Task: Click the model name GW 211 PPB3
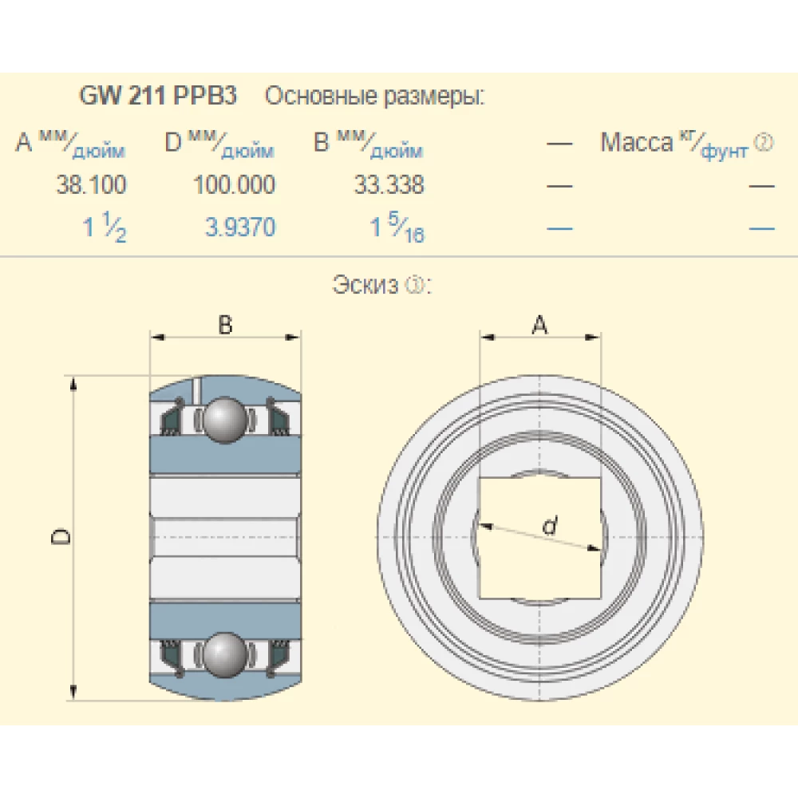(x=158, y=97)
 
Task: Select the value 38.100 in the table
(x=91, y=185)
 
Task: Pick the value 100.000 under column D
(x=234, y=185)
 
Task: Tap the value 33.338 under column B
(x=389, y=185)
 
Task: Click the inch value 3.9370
(x=240, y=227)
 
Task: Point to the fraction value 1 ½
(x=105, y=229)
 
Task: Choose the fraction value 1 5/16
(x=397, y=229)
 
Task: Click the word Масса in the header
(x=636, y=143)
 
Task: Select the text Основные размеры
(x=374, y=97)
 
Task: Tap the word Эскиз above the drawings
(x=364, y=285)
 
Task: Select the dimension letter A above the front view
(x=540, y=325)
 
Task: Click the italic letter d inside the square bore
(x=549, y=526)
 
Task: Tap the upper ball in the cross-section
(x=225, y=419)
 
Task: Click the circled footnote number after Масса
(x=764, y=143)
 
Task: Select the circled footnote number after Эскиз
(x=414, y=285)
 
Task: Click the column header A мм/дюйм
(x=70, y=144)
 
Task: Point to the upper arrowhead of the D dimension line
(x=75, y=383)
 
